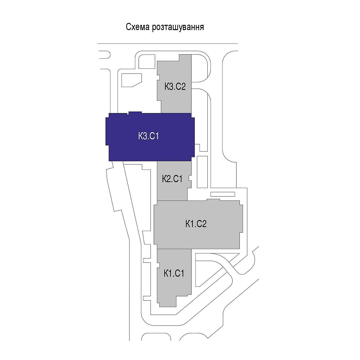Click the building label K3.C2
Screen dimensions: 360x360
coord(175,86)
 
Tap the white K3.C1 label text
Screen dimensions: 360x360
coord(148,136)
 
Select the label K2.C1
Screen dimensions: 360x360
coord(172,179)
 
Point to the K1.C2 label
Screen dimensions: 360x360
coord(196,224)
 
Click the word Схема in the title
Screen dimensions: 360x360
coord(137,27)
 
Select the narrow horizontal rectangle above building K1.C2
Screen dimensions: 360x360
coord(222,194)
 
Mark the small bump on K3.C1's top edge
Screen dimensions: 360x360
coord(135,113)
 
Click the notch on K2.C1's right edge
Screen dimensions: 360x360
coord(190,179)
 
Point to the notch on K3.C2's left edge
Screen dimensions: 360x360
coord(158,77)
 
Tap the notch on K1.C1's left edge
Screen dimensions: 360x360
coord(158,266)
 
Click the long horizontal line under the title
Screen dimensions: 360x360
coord(168,44)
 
